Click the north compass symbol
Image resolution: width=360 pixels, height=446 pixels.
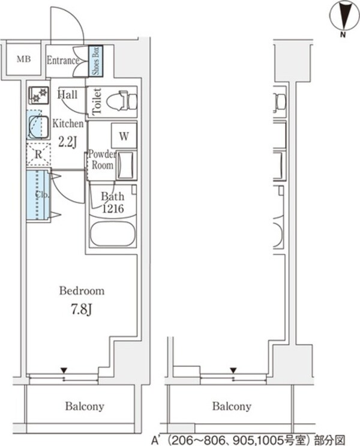[x=344, y=17]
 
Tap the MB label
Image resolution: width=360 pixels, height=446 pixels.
[x=24, y=59]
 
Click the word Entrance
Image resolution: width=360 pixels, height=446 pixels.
[x=62, y=60]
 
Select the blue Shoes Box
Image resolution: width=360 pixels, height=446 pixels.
[x=95, y=61]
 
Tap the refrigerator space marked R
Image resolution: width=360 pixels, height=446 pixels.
[x=38, y=154]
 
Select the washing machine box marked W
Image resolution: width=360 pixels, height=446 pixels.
[x=124, y=136]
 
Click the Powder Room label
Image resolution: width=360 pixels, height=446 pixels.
[x=103, y=160]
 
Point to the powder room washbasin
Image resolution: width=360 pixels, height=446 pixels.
[x=127, y=165]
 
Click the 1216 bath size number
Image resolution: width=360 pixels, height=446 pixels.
[x=113, y=209]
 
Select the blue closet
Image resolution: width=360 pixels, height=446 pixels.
[x=38, y=195]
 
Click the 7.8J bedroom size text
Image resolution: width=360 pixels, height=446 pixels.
[x=82, y=310]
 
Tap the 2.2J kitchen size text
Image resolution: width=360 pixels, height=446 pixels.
[x=68, y=142]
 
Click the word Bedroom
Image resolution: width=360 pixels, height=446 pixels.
[x=82, y=291]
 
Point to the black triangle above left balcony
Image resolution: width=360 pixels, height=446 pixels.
[x=64, y=370]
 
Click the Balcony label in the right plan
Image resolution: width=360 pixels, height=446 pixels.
[x=232, y=406]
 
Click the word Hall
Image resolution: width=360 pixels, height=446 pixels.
[x=67, y=94]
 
